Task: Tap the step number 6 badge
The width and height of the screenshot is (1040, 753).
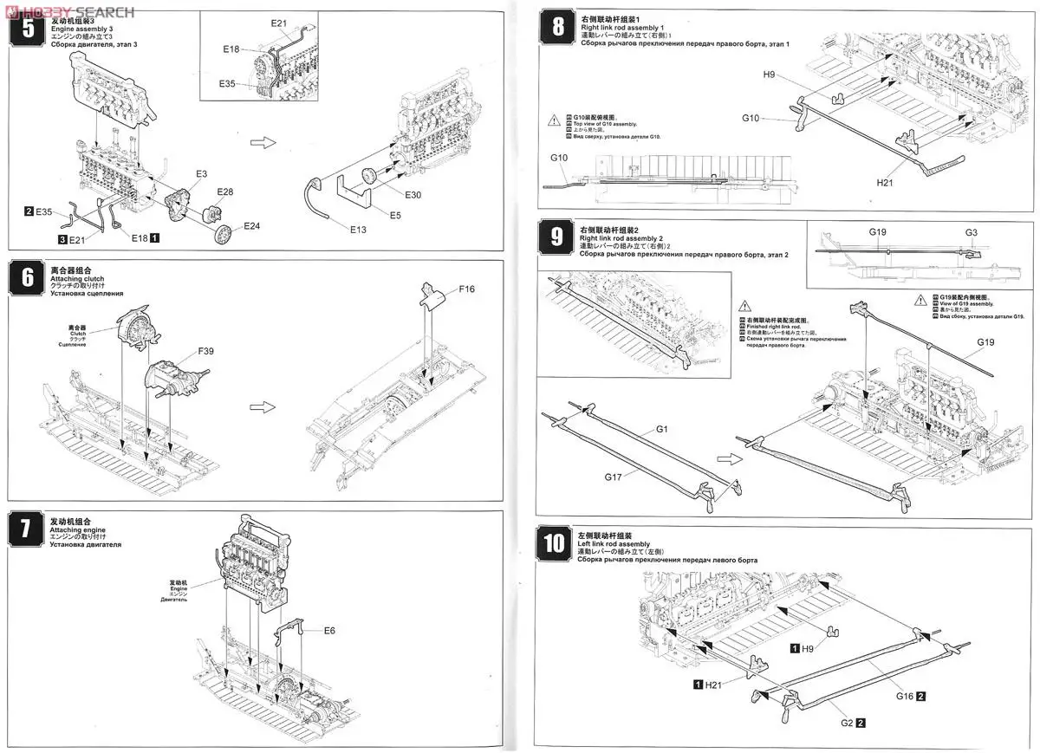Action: pyautogui.click(x=28, y=279)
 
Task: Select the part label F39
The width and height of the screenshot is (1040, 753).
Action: pyautogui.click(x=206, y=351)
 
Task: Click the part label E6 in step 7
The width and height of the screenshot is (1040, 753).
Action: pyautogui.click(x=329, y=630)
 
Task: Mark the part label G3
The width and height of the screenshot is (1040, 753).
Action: pyautogui.click(x=971, y=232)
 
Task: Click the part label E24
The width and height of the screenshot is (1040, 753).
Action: pyautogui.click(x=251, y=226)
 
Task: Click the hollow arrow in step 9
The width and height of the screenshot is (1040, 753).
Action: pyautogui.click(x=731, y=459)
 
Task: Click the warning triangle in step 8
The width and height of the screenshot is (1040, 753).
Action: pyautogui.click(x=554, y=120)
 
